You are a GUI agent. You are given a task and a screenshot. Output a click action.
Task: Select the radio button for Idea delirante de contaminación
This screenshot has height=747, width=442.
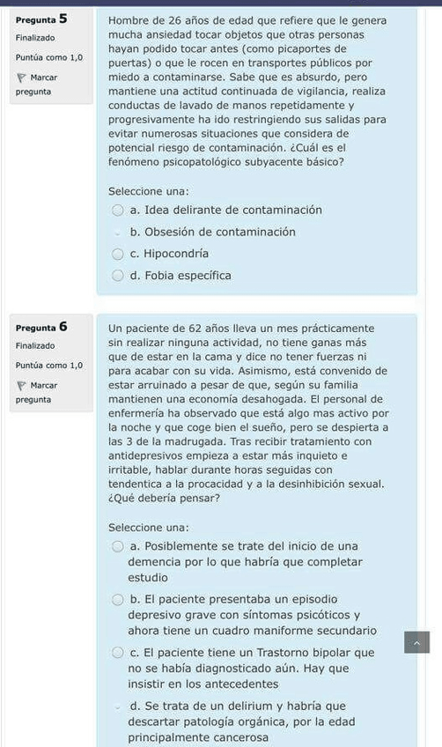tap(118, 211)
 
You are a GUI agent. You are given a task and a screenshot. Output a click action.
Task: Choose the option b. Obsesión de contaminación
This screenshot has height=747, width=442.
tap(118, 233)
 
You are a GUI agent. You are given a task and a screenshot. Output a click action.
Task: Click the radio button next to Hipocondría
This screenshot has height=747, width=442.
tap(118, 254)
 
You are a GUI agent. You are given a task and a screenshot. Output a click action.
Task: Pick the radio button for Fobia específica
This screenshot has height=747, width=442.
tap(118, 276)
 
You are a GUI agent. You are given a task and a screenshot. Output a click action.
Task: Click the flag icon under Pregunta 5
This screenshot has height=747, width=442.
tap(22, 78)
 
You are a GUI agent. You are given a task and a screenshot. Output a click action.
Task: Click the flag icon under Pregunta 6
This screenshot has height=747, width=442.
tap(22, 386)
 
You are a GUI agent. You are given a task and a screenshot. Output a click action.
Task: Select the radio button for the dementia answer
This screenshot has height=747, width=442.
tap(118, 546)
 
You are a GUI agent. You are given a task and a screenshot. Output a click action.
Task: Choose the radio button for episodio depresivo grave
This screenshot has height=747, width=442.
tap(118, 600)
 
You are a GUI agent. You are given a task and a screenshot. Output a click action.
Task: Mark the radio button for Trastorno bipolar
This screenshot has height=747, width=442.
tap(118, 653)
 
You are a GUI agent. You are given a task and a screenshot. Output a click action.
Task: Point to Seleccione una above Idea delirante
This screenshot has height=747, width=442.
tap(149, 191)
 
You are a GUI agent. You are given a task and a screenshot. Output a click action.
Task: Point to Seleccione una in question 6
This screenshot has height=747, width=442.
tap(149, 528)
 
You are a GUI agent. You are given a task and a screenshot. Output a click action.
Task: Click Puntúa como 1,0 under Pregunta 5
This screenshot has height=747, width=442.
tap(49, 57)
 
